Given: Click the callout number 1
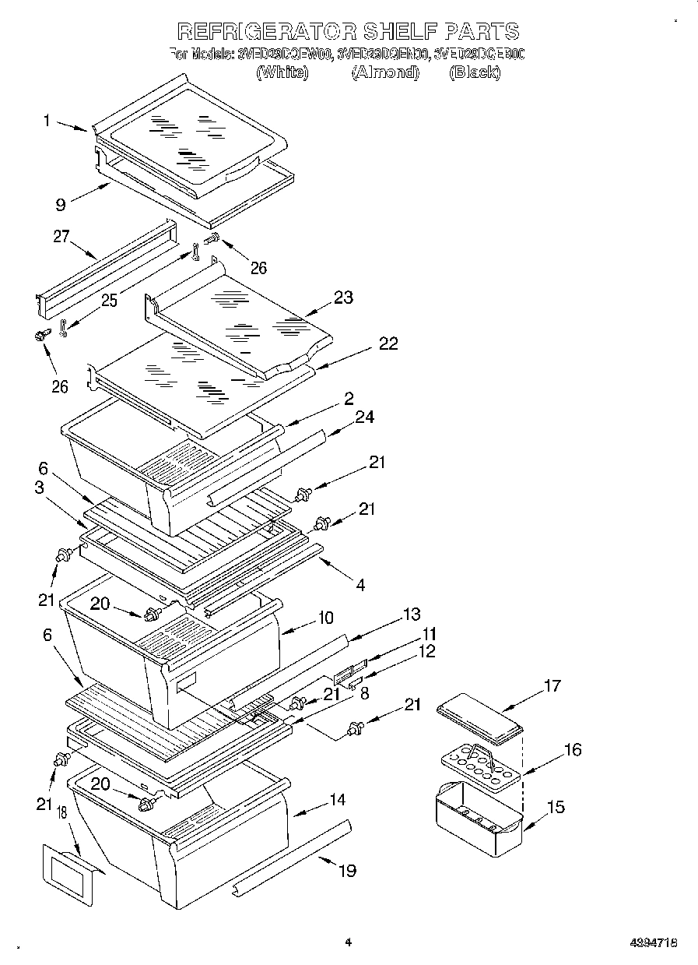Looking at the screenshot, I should (x=47, y=120).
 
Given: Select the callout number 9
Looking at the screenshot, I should (x=59, y=206).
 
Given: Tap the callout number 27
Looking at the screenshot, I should (x=62, y=238).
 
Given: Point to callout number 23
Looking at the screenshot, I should (x=343, y=297).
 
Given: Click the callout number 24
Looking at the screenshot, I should (x=363, y=417).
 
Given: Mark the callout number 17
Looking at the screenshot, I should (x=552, y=686).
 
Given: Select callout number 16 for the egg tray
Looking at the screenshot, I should (x=572, y=750).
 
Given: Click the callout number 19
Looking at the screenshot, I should (x=346, y=870).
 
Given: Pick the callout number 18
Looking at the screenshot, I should (x=61, y=814).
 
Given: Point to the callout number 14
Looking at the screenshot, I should (x=337, y=799).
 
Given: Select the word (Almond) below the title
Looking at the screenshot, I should (x=385, y=72).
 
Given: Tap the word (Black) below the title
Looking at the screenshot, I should (x=475, y=72).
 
